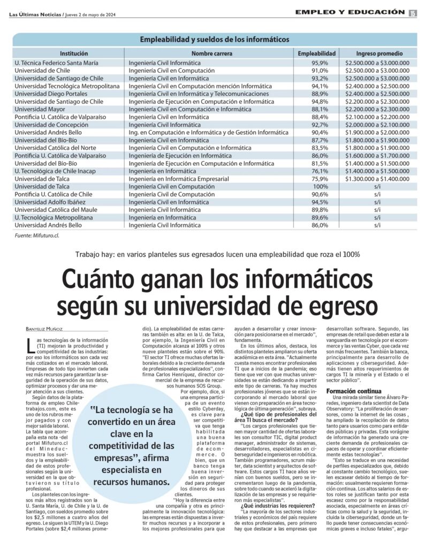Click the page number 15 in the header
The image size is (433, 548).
413,13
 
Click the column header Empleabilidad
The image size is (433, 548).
316,54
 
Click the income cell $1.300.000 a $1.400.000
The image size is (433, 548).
377,179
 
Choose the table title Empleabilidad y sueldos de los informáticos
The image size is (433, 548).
215,40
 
